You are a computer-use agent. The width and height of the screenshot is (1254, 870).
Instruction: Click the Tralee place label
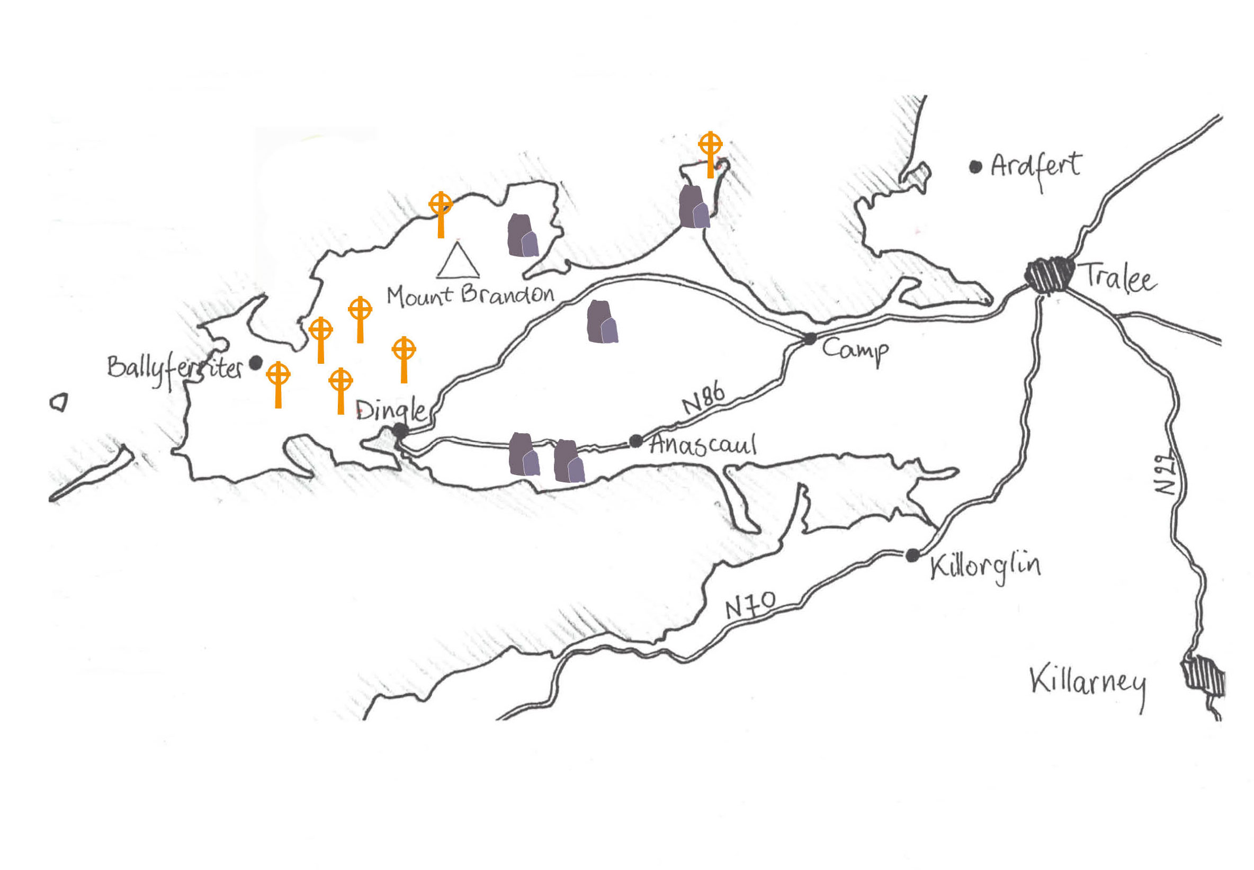coord(1118,278)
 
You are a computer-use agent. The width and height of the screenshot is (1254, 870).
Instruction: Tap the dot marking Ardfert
coord(975,167)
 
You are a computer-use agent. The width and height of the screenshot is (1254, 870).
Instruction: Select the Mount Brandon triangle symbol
coord(458,261)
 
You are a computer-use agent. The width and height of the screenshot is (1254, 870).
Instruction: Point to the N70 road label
coord(750,604)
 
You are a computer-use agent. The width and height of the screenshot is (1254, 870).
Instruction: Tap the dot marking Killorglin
coord(912,555)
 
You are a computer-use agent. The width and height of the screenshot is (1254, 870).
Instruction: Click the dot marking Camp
coord(810,338)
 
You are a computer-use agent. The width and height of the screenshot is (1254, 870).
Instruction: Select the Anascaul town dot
coord(635,441)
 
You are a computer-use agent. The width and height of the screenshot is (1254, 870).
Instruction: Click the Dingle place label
coord(390,409)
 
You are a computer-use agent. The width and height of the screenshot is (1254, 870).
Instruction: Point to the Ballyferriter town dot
coord(255,363)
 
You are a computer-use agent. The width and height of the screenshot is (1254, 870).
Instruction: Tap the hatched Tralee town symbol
coord(1049,275)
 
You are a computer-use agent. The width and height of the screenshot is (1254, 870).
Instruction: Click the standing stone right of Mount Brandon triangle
coord(523,236)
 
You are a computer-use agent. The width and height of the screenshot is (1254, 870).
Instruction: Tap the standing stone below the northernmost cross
coord(694,207)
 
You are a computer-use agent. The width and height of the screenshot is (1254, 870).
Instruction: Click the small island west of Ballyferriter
coord(59,402)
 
